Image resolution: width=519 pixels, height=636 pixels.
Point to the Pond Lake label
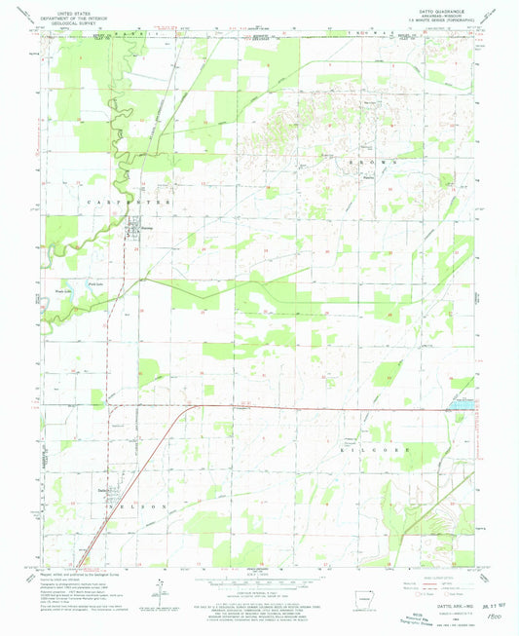click(x=95, y=282)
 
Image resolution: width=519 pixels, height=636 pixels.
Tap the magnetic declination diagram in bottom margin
click(x=159, y=587)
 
